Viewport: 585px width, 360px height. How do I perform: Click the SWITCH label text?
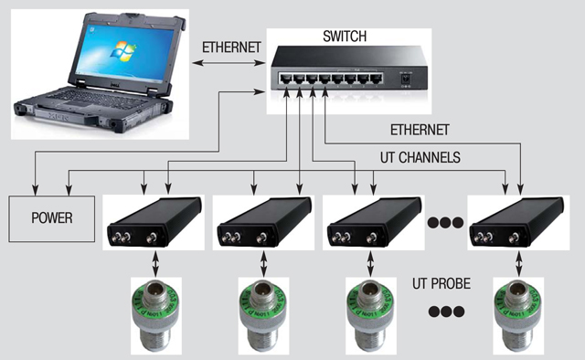pos(345,37)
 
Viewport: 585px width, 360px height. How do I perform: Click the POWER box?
pos(51,218)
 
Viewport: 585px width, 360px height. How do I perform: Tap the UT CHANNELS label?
pos(420,157)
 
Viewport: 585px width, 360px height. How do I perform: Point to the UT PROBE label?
pos(441,284)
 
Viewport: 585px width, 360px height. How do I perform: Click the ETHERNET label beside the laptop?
pos(231,48)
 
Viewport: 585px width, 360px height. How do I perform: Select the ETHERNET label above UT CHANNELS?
pos(420,130)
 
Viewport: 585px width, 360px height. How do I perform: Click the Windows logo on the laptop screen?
pos(123,51)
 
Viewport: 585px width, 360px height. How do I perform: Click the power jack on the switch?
pos(404,79)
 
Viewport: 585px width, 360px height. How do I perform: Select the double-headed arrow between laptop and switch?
pos(229,63)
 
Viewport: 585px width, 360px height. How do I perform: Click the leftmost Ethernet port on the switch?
pos(286,79)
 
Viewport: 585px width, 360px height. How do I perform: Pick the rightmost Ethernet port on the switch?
pos(376,79)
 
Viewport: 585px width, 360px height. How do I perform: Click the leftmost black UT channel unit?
pos(154,222)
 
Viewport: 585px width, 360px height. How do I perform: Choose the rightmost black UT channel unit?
pos(517,222)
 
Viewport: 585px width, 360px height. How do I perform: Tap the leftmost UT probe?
pos(156,315)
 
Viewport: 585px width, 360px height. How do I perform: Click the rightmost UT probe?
pos(518,315)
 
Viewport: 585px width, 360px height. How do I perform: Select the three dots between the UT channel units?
pos(445,223)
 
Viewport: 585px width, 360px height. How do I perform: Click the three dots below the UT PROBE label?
pos(446,312)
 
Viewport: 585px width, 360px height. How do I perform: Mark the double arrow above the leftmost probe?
pos(155,264)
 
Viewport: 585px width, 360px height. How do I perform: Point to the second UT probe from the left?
pos(263,315)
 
